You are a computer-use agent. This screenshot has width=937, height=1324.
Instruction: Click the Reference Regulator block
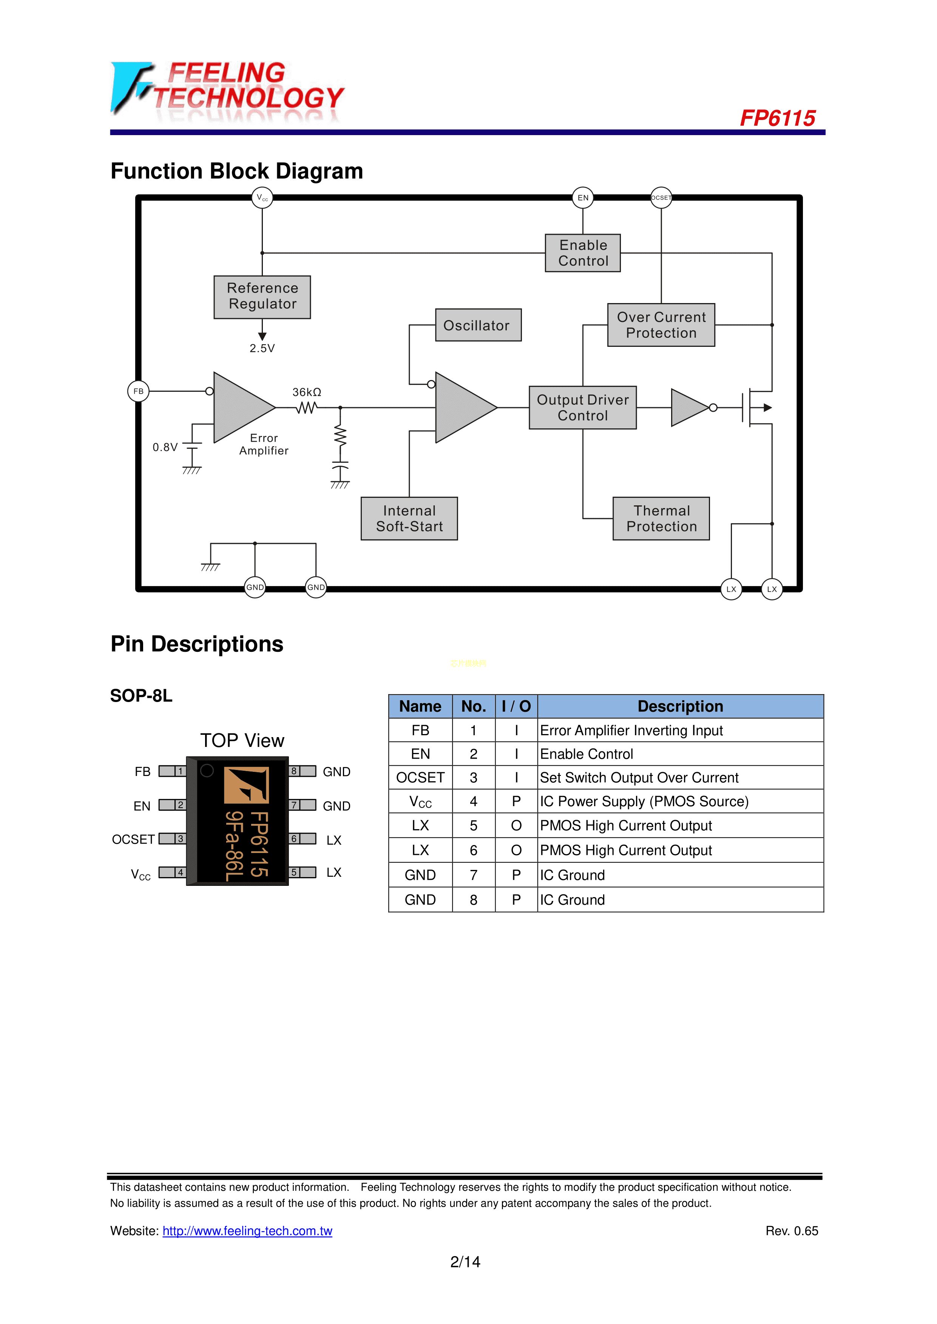tap(262, 296)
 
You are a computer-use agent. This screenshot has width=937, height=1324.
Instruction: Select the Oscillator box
tap(478, 325)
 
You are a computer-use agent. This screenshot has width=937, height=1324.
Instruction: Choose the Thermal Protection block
tap(661, 519)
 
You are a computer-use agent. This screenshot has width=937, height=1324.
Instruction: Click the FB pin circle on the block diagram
tap(139, 391)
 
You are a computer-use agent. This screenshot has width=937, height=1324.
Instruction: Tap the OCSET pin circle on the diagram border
tap(661, 197)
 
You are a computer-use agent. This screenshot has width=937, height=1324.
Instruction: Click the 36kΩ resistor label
tap(306, 392)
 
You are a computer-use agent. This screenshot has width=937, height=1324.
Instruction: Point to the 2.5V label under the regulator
tap(262, 348)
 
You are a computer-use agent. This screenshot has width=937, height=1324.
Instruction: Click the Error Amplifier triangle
tap(239, 407)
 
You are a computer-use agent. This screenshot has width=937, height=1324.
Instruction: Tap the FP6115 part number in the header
tap(777, 118)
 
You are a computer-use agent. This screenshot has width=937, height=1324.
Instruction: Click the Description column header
tap(680, 707)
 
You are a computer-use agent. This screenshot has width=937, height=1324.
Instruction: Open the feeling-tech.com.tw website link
tap(247, 1231)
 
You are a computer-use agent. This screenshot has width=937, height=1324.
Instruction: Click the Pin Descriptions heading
tap(197, 644)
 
